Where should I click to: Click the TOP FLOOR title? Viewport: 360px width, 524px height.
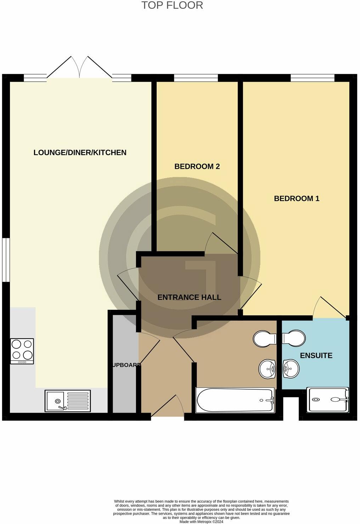172,5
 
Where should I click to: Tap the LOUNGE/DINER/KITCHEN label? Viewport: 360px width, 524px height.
80,153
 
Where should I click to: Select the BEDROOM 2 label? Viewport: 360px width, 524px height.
197,166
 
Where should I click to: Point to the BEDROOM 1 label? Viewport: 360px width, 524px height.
297,199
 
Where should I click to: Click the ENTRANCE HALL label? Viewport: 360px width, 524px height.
189,297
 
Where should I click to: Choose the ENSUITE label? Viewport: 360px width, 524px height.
316,356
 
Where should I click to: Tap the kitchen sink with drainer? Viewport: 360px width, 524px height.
67,401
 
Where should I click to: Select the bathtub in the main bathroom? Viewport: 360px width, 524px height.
235,400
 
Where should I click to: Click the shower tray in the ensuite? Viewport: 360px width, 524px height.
328,400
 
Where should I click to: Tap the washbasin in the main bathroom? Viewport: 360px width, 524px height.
267,369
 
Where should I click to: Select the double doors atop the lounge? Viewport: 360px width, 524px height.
80,67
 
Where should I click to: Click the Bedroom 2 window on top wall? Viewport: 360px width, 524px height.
196,78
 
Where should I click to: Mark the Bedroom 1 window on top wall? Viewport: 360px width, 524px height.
312,78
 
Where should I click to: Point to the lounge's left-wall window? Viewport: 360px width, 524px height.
6,260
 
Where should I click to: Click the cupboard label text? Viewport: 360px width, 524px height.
126,365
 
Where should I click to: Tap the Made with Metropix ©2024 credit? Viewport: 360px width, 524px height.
201,522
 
